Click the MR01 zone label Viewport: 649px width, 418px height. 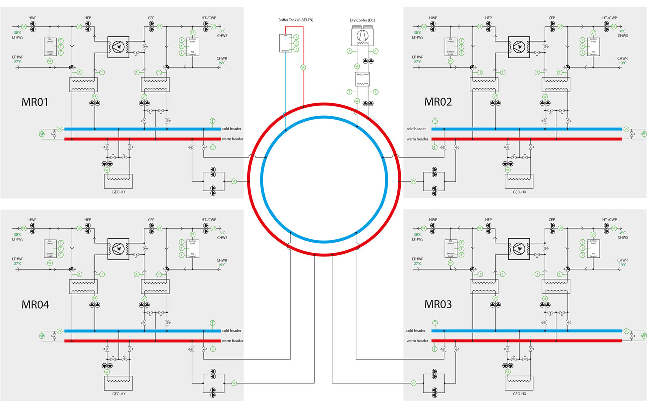[35, 102]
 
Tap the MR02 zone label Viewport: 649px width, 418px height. [438, 102]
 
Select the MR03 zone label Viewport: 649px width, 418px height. [438, 304]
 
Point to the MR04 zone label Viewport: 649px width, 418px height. [35, 304]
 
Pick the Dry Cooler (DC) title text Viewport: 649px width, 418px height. [362, 20]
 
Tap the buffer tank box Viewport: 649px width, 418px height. [286, 43]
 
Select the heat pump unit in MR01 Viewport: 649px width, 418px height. [118, 46]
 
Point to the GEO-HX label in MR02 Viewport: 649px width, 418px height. [519, 192]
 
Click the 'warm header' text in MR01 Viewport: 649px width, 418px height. [233, 139]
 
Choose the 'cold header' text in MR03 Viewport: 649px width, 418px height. [416, 331]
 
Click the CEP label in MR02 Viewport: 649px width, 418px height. [552, 18]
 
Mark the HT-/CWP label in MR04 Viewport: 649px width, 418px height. [209, 220]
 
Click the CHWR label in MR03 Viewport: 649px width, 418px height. [622, 260]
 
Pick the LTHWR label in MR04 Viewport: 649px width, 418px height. [18, 259]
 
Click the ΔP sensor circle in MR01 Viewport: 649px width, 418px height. [42, 134]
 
